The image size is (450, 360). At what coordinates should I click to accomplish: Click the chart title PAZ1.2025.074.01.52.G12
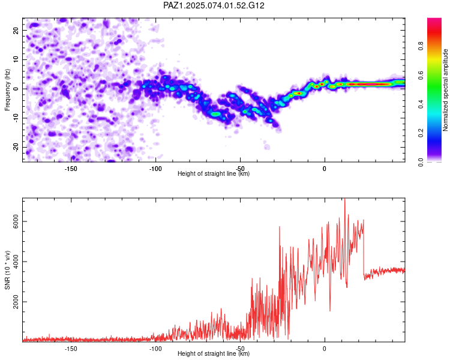[214, 5]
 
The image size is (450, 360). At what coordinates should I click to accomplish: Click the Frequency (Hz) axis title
[7, 89]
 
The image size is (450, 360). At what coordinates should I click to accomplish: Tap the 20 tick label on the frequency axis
[16, 30]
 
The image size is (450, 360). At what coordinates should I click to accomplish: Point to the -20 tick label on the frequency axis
[16, 148]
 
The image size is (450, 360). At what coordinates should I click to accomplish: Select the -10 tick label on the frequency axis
[16, 118]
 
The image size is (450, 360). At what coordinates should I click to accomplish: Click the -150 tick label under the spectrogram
[71, 169]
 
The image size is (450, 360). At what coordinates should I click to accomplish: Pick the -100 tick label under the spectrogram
[155, 169]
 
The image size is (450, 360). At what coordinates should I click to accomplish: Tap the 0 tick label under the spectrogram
[325, 169]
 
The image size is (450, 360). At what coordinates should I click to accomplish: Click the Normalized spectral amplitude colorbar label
[445, 89]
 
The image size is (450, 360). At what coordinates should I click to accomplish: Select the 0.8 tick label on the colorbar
[421, 46]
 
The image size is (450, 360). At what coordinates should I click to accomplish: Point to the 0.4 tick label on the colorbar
[421, 104]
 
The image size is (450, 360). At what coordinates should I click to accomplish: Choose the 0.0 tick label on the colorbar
[421, 163]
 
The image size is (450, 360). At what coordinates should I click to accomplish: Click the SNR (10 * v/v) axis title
[7, 270]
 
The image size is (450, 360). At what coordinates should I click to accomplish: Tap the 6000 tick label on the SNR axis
[16, 221]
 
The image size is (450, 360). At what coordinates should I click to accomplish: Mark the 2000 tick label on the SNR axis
[16, 302]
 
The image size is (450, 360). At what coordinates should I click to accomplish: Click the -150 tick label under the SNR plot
[71, 349]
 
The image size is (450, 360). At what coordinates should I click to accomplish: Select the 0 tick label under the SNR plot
[325, 349]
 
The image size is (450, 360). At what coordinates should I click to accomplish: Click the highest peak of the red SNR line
[344, 199]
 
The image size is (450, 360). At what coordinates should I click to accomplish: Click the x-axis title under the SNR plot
[214, 353]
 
